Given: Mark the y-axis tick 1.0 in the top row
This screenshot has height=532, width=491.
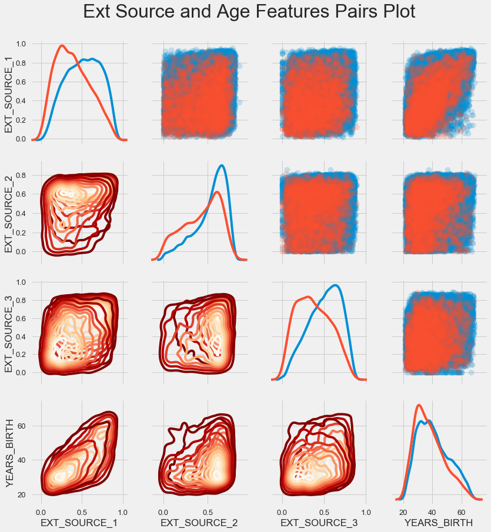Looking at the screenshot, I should click(21, 44).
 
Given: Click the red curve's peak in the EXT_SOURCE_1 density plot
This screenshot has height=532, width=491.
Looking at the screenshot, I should click(62, 45).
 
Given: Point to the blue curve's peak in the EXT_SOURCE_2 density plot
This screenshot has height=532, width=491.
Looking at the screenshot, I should click(221, 165).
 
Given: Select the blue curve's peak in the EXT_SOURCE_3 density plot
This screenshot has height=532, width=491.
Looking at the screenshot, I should click(336, 285).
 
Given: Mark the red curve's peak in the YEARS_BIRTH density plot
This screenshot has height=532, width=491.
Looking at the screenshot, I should click(419, 405).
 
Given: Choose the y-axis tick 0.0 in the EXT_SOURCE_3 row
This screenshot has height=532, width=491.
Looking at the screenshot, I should click(21, 373).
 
